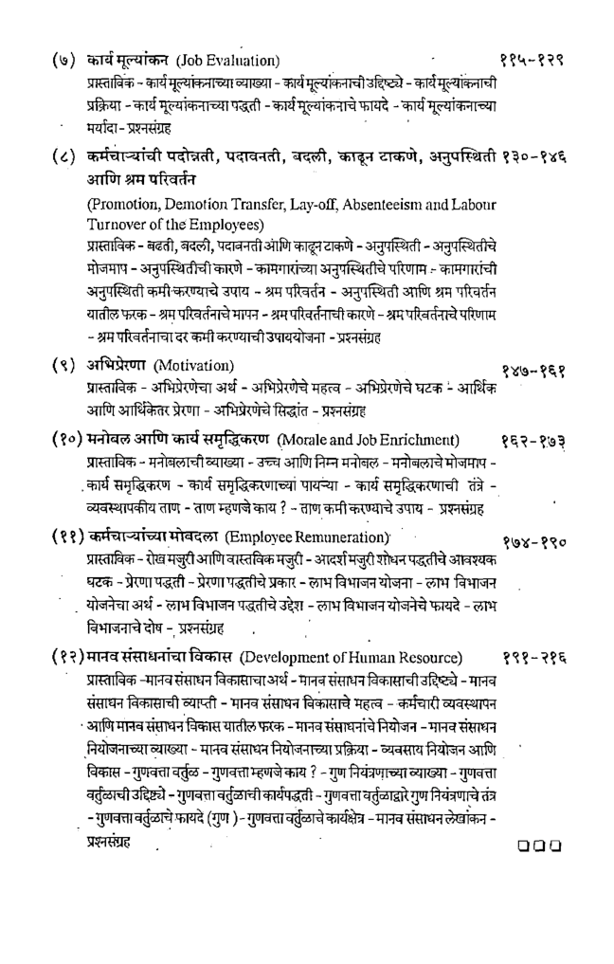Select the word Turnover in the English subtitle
point(118,225)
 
